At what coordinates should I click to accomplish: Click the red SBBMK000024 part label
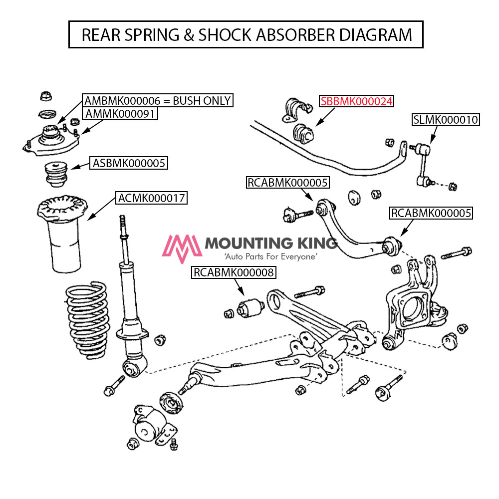(x=356, y=101)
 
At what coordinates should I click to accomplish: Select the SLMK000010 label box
(x=445, y=120)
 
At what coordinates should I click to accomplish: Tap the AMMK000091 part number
(x=120, y=114)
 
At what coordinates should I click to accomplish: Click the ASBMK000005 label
(x=128, y=163)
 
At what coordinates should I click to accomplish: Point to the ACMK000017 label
(x=151, y=198)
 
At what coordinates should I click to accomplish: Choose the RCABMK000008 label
(x=234, y=272)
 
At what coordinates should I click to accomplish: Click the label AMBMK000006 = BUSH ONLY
(x=158, y=101)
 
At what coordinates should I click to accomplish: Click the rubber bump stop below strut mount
(x=56, y=173)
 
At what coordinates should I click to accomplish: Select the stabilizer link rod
(x=422, y=165)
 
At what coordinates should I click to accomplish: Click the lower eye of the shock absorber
(x=132, y=368)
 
